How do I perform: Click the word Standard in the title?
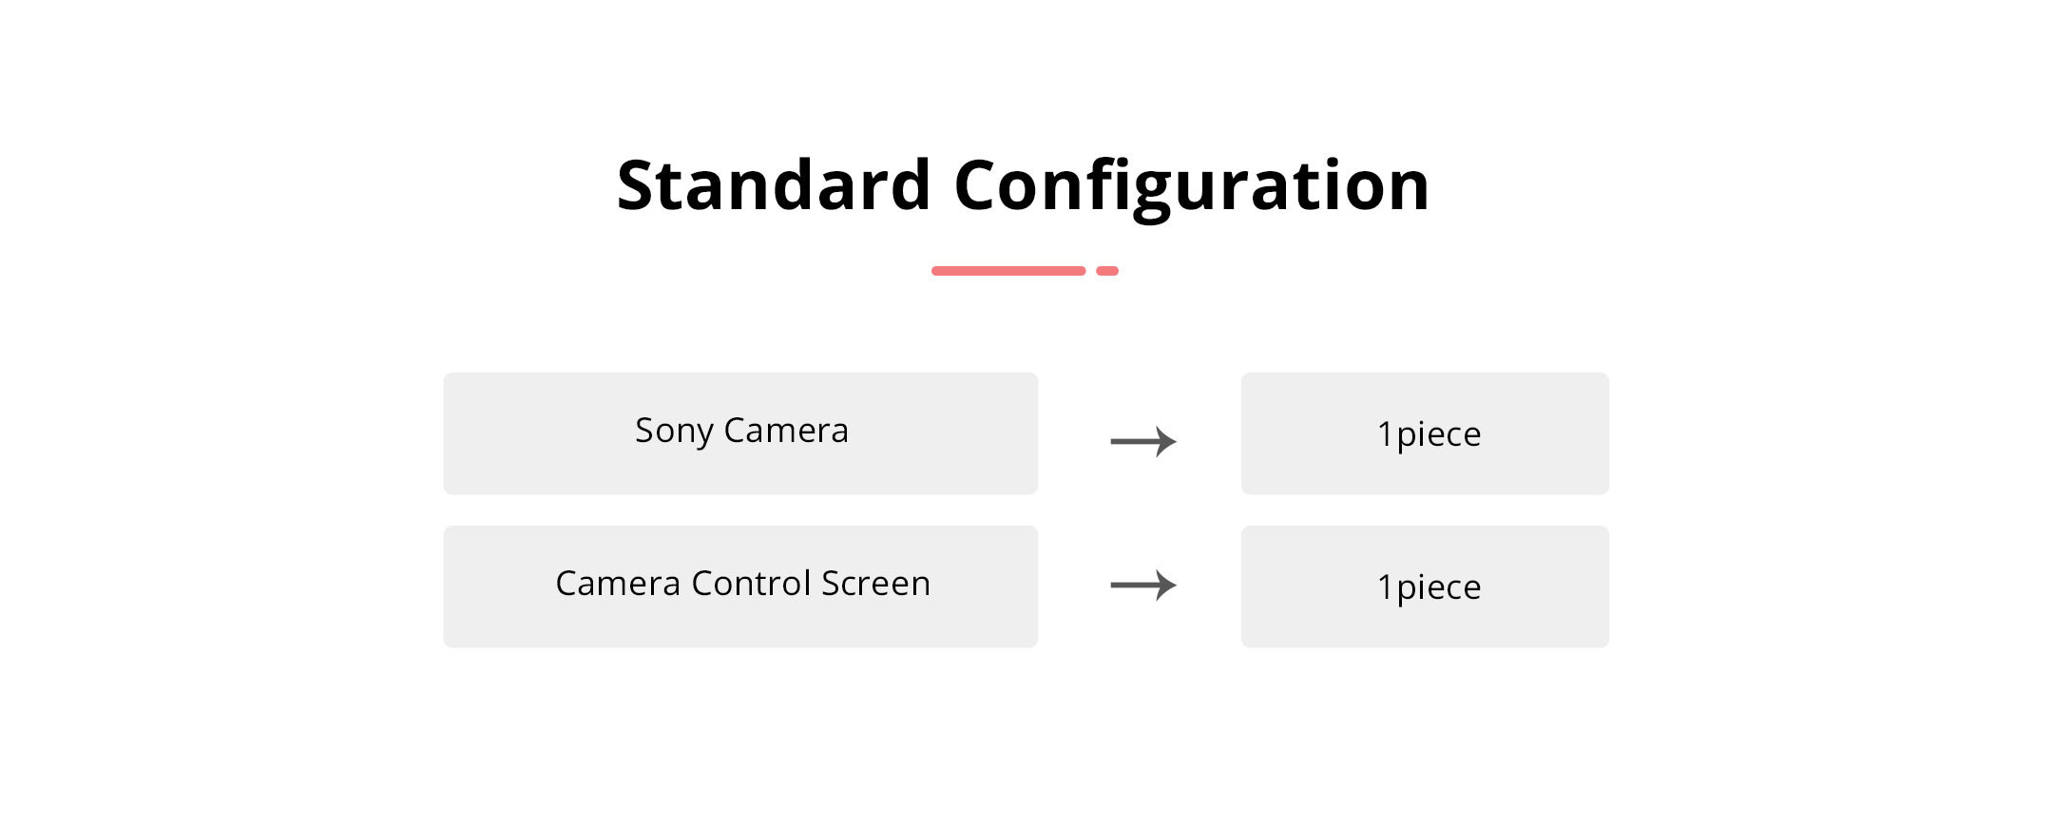click(774, 184)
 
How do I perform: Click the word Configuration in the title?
click(1192, 188)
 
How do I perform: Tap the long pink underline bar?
click(1008, 271)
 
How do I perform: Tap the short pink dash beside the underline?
click(1107, 271)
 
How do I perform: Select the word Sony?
click(674, 432)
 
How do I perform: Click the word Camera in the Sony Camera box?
click(786, 431)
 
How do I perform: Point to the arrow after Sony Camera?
click(1143, 441)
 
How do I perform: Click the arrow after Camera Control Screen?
click(1143, 585)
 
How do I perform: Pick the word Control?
click(751, 583)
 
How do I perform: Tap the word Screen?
click(876, 584)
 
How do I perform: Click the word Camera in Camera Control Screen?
click(618, 584)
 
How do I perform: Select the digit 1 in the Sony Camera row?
click(1385, 434)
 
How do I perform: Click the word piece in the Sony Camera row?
click(1439, 435)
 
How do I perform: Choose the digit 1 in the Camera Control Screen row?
click(1385, 587)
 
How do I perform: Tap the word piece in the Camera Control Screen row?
click(1439, 588)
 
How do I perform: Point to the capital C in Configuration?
click(979, 184)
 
